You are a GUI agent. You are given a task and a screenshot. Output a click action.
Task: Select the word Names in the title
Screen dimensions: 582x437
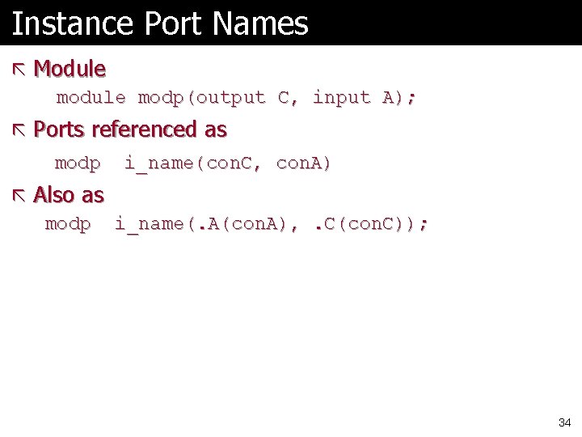[x=261, y=23]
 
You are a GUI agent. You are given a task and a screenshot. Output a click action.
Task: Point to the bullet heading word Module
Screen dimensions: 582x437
[x=70, y=69]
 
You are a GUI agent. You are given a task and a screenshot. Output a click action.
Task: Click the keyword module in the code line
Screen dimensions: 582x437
[x=91, y=98]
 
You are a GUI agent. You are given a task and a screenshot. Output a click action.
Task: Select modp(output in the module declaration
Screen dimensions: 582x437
[x=201, y=98]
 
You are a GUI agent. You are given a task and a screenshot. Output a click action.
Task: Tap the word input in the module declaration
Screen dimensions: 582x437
[x=341, y=98]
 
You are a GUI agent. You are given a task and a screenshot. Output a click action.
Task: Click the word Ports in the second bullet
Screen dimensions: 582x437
[x=61, y=129]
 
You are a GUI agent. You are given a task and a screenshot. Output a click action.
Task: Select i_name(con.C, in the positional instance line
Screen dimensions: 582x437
[x=193, y=163]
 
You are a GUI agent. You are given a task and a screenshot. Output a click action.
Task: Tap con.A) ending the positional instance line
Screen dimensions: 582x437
[x=304, y=163]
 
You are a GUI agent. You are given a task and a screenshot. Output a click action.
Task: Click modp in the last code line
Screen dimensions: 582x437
[x=68, y=224]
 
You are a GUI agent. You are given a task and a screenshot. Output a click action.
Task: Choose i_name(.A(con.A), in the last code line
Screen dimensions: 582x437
[x=203, y=224]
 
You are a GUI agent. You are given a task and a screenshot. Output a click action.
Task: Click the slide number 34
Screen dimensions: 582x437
[x=564, y=422]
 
